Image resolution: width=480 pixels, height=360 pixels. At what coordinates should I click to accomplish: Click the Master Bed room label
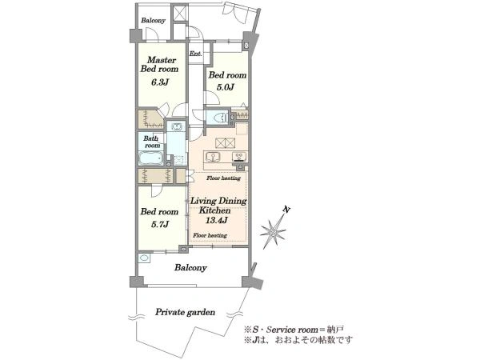159,64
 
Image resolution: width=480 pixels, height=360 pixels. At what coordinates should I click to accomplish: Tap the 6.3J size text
160,82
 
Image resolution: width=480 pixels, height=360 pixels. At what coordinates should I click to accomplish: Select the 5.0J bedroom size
226,87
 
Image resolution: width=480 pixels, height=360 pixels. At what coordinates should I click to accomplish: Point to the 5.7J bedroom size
160,224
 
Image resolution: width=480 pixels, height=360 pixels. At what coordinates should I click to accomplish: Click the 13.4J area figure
216,220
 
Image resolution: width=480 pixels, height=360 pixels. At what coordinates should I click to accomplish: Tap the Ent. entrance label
196,54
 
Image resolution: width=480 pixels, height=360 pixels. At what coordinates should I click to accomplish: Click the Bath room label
152,142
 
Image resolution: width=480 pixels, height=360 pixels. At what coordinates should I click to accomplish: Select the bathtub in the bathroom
150,158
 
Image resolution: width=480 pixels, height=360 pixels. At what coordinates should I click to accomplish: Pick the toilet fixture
219,118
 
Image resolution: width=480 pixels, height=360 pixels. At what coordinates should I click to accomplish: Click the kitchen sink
212,157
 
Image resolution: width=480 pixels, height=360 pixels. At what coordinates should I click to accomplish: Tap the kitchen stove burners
238,157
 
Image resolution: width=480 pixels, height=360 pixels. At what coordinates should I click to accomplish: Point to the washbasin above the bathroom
176,126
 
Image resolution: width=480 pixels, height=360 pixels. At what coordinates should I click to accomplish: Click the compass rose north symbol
273,232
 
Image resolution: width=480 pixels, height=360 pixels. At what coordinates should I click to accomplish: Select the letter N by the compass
287,210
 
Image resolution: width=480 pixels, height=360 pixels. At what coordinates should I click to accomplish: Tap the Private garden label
185,312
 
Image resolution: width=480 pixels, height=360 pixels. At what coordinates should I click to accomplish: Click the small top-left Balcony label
153,21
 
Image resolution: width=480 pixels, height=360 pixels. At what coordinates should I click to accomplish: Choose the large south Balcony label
190,268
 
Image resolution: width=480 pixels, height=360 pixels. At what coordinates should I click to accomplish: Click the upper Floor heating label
223,178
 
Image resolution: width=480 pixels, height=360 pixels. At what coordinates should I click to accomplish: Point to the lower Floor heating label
210,235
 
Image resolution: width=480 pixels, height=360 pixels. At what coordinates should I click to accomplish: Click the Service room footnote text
294,330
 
